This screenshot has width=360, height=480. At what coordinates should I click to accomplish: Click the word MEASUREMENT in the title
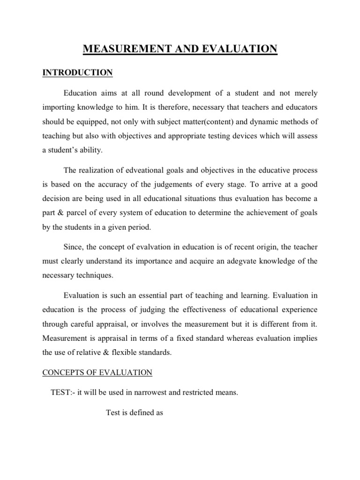(124, 49)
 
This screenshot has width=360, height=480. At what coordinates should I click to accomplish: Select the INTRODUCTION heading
(77, 73)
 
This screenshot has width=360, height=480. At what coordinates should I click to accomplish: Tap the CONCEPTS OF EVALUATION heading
(97, 373)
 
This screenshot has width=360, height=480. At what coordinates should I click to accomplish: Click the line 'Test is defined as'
(135, 414)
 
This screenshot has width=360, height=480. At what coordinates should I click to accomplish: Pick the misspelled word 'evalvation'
(150, 247)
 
